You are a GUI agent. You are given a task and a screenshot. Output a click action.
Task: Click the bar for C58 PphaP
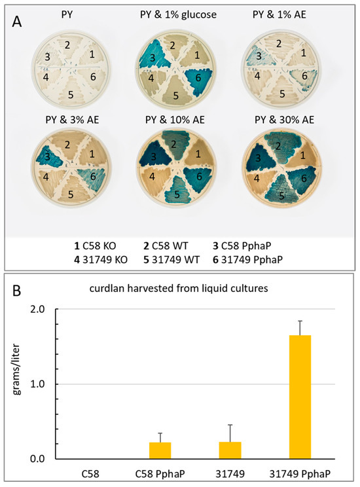click(x=160, y=450)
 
